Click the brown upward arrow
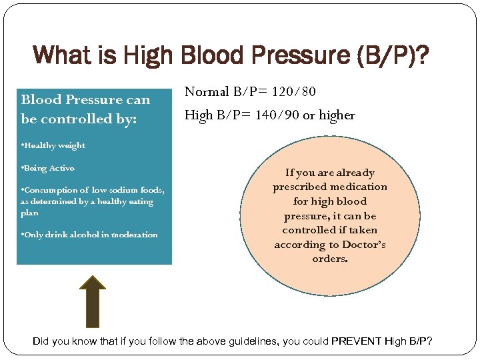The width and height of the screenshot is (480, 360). point(93,301)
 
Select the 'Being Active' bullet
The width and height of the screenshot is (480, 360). point(48,168)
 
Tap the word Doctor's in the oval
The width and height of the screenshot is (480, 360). point(364,244)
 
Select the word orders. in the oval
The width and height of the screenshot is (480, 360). point(330,258)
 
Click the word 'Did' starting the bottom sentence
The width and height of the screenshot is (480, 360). point(41,341)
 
